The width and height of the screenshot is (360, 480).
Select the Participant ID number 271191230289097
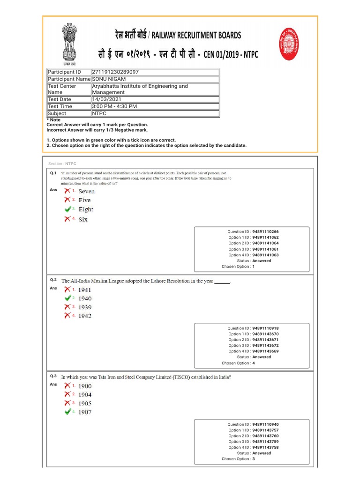115,72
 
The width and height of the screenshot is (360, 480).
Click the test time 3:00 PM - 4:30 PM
114,106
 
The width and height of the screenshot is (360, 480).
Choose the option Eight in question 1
86,210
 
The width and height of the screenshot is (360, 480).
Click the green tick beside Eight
68,209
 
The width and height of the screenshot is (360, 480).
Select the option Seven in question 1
86,191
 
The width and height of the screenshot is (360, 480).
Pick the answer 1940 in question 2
85,298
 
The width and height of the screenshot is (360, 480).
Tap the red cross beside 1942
68,315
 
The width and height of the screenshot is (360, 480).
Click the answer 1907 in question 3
85,412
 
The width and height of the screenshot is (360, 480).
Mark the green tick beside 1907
68,412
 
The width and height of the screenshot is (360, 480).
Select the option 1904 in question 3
85,395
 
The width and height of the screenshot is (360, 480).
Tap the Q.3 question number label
53,376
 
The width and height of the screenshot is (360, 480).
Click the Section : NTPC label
62,164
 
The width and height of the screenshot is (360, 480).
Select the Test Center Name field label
62,89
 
